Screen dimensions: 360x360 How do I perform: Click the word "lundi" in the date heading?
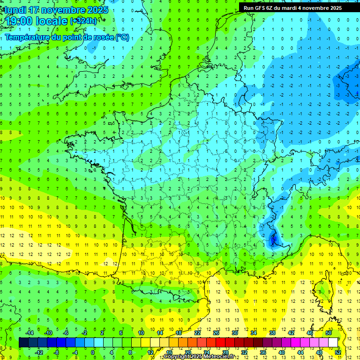[15, 10]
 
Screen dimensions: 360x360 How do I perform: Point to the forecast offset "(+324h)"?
[83, 21]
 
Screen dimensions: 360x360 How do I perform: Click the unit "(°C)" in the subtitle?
[122, 37]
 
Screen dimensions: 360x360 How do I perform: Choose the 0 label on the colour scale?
[93, 352]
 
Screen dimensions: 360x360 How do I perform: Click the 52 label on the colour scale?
[338, 352]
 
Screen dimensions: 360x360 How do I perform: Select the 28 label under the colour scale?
[225, 352]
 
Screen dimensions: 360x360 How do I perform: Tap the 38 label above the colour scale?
[272, 333]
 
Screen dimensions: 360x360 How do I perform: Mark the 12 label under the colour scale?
[150, 352]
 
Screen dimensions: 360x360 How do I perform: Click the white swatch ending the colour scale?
[333, 343]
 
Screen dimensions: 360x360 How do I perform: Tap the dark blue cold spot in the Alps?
[273, 241]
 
